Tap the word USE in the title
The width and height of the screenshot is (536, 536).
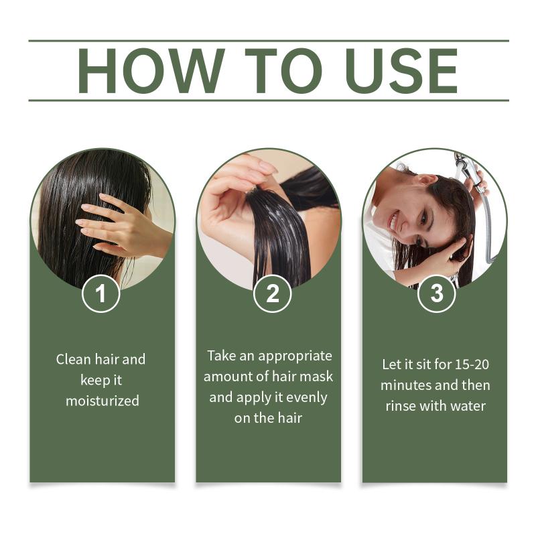(x=401, y=70)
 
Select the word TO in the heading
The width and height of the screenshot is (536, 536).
(x=283, y=70)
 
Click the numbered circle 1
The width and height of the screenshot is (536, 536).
(x=101, y=293)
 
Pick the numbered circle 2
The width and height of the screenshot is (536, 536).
(x=272, y=293)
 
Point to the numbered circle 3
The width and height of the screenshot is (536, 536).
(x=437, y=293)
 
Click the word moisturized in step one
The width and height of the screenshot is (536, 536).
(x=103, y=401)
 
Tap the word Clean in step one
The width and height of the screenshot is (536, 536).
(x=74, y=359)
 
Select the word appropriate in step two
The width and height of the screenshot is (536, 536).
(x=295, y=356)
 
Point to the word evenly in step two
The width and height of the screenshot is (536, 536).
(x=307, y=397)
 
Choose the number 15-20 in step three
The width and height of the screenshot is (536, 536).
(x=472, y=364)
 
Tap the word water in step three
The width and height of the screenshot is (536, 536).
(x=468, y=406)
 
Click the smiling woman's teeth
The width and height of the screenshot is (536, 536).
(x=394, y=222)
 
